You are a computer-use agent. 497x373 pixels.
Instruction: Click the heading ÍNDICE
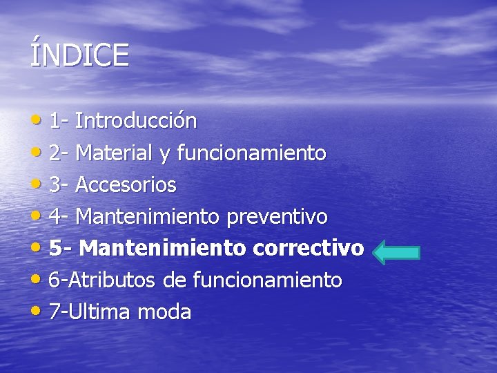pyautogui.click(x=79, y=55)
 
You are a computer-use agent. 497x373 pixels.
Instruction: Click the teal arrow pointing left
pyautogui.click(x=396, y=251)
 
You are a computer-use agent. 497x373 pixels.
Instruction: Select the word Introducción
pyautogui.click(x=136, y=122)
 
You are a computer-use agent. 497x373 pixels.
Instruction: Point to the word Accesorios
pyautogui.click(x=126, y=185)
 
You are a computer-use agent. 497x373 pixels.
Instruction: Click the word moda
pyautogui.click(x=164, y=312)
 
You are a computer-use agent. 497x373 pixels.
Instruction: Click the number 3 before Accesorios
pyautogui.click(x=55, y=185)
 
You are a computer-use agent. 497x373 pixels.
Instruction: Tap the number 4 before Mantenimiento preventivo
pyautogui.click(x=55, y=217)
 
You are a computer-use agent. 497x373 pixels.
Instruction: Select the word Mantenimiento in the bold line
pyautogui.click(x=166, y=248)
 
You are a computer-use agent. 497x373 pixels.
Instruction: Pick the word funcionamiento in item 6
pyautogui.click(x=267, y=280)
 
